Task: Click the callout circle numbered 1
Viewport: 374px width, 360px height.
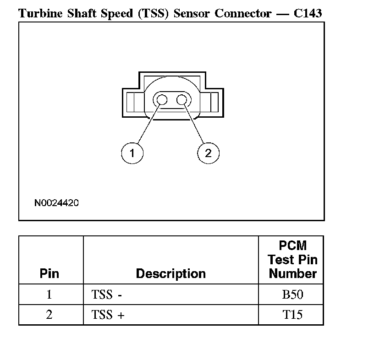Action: [132, 153]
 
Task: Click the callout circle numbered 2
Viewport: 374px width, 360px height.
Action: [208, 153]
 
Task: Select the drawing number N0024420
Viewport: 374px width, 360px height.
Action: [56, 202]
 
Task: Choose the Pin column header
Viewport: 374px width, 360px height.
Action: [49, 274]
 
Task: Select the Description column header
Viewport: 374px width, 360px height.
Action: [170, 274]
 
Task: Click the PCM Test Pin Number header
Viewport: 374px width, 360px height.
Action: [292, 260]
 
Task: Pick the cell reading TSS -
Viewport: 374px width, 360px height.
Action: [106, 294]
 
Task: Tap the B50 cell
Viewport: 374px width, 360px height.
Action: [292, 294]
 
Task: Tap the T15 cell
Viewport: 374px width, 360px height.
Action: [292, 315]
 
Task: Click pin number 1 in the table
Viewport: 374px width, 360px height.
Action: [49, 294]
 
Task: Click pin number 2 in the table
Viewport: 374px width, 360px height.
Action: [49, 315]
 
